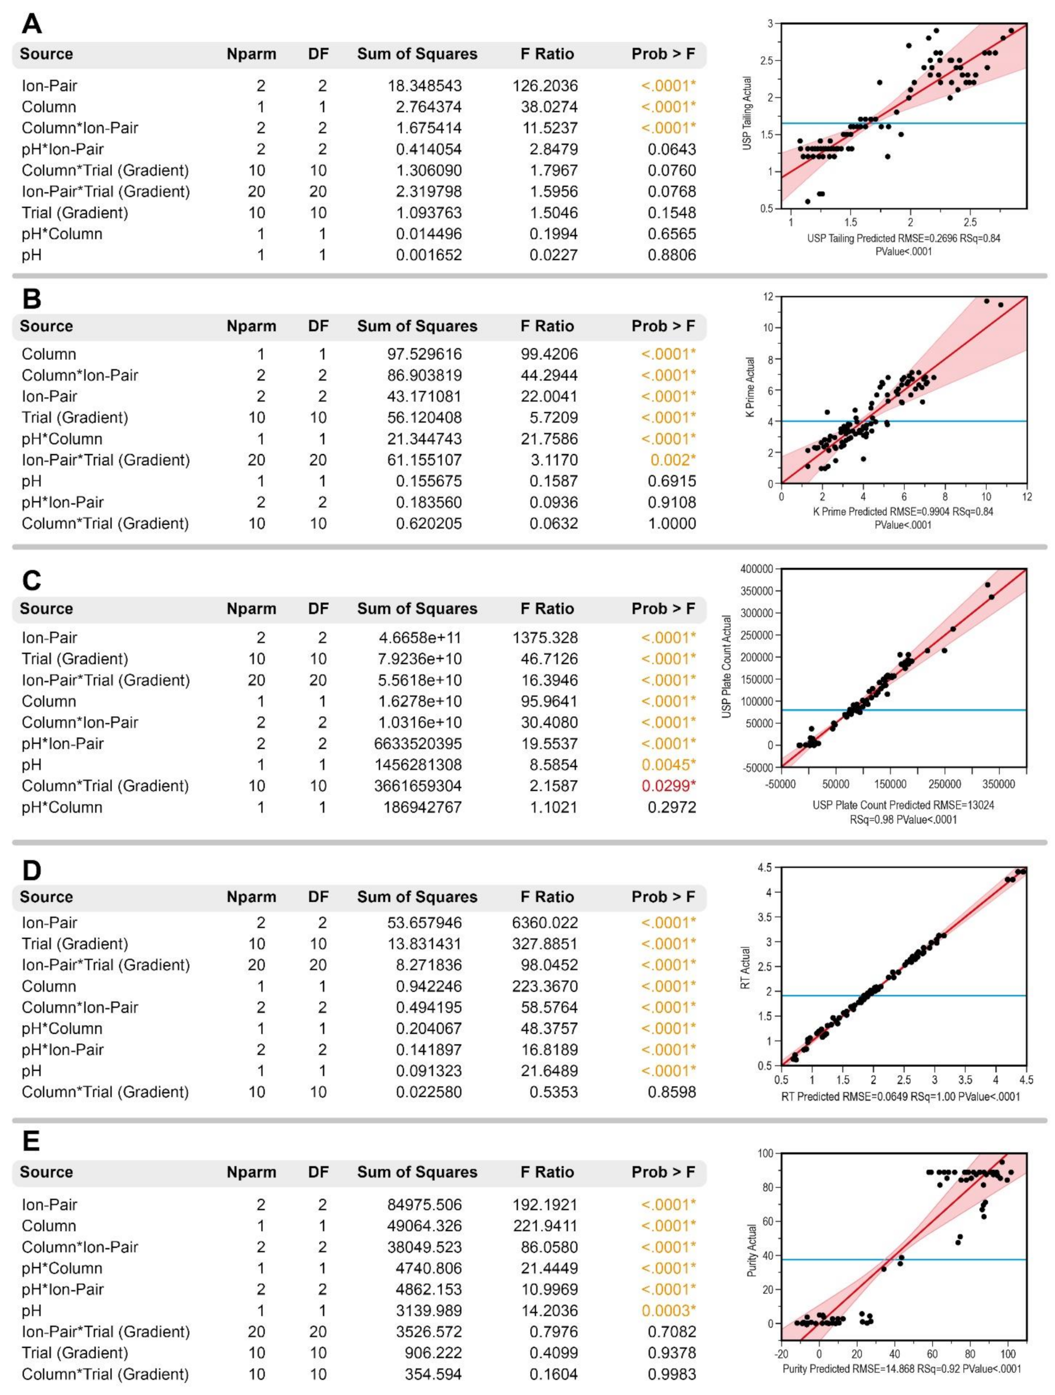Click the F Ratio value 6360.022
[x=545, y=922]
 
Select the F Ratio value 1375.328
[x=545, y=638]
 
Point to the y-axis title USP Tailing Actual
[x=747, y=113]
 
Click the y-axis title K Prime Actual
[x=750, y=387]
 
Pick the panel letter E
[x=30, y=1140]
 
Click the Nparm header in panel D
[x=251, y=897]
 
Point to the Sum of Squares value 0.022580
[x=429, y=1092]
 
